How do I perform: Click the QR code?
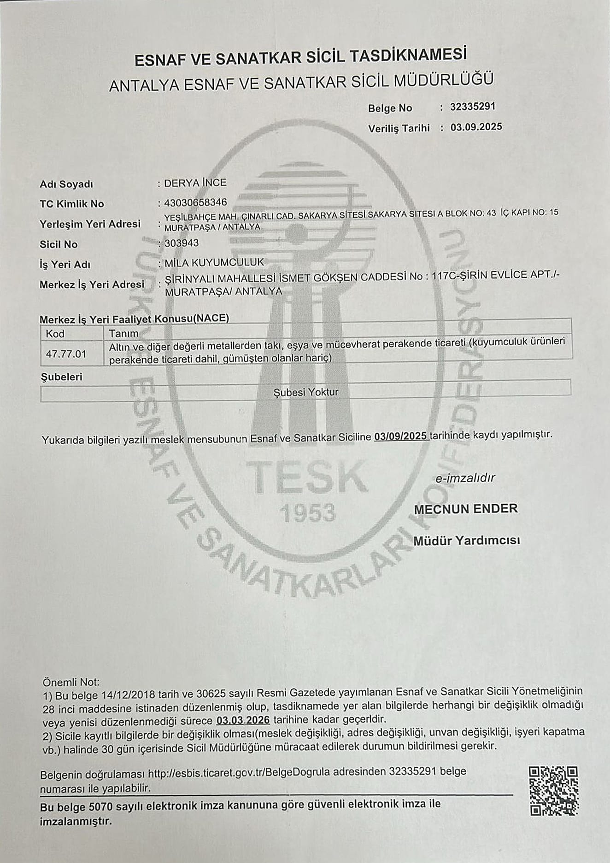pyautogui.click(x=553, y=791)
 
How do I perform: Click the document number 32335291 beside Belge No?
pyautogui.click(x=472, y=106)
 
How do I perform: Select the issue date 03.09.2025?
pyautogui.click(x=476, y=127)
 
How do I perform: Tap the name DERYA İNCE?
pyautogui.click(x=195, y=183)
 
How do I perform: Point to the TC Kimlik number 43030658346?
pyautogui.click(x=195, y=202)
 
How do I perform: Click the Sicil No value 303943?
pyautogui.click(x=182, y=243)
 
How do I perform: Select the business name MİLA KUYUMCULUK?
pyautogui.click(x=214, y=262)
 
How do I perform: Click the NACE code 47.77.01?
pyautogui.click(x=66, y=354)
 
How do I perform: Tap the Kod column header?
pyautogui.click(x=55, y=333)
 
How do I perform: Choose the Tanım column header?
pyautogui.click(x=123, y=333)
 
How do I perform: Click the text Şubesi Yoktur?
pyautogui.click(x=306, y=392)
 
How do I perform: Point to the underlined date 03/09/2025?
pyautogui.click(x=401, y=436)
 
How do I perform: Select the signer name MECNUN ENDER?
pyautogui.click(x=466, y=509)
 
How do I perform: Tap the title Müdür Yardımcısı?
pyautogui.click(x=466, y=540)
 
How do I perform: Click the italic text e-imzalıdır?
pyautogui.click(x=465, y=478)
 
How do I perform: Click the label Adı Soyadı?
pyautogui.click(x=66, y=184)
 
